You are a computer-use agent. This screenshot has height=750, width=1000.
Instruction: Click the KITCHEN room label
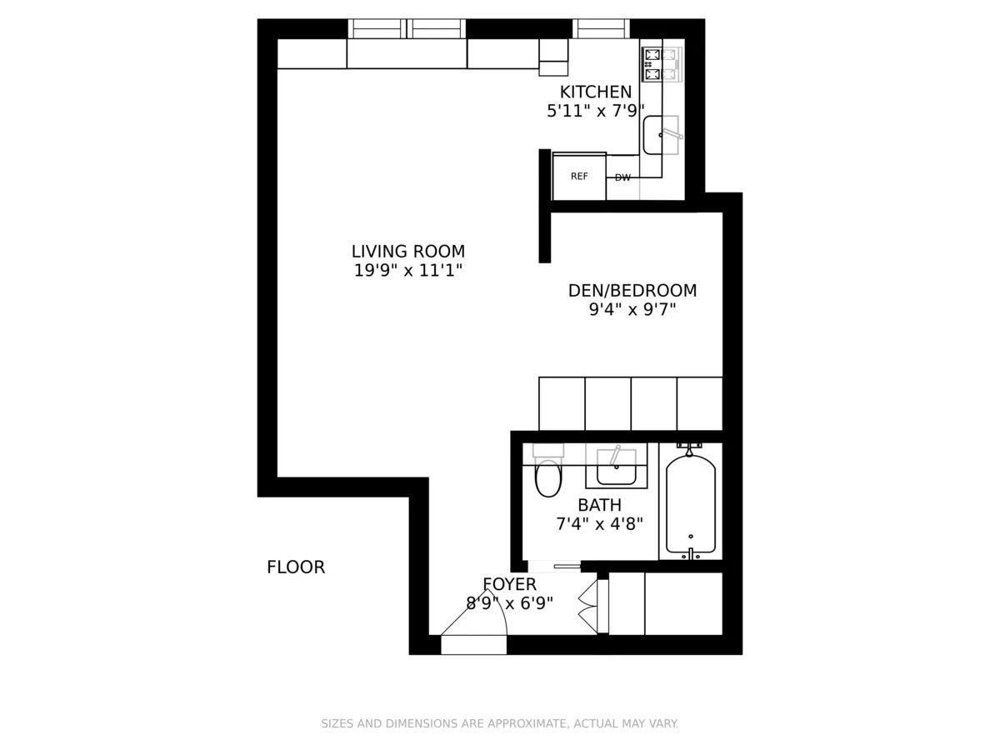coord(595,92)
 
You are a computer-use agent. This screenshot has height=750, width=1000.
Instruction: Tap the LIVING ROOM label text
coord(407,251)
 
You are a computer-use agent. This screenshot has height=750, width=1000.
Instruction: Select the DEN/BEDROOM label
coord(632,291)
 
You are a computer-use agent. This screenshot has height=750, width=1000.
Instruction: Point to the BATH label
coord(599,505)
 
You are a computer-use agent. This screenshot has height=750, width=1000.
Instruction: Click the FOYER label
coord(509,584)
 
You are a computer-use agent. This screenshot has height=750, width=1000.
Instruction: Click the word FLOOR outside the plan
coord(295,567)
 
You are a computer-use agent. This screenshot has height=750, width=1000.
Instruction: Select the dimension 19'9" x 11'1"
coord(407,270)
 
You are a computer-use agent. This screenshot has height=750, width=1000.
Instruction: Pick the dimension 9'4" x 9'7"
coord(632,310)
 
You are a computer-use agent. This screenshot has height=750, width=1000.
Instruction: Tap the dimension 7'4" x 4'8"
coord(599,524)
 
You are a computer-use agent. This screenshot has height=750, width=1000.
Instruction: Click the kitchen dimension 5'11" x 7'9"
coord(595,111)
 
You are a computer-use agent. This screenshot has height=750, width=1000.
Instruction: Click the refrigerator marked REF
coord(579,177)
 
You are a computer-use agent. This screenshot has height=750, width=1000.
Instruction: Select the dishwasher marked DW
coord(622,177)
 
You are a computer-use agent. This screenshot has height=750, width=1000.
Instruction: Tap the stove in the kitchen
coord(662,65)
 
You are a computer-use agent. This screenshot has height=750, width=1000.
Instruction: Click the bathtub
coord(690,505)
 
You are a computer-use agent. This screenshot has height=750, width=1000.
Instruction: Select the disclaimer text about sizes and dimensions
coord(500,723)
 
